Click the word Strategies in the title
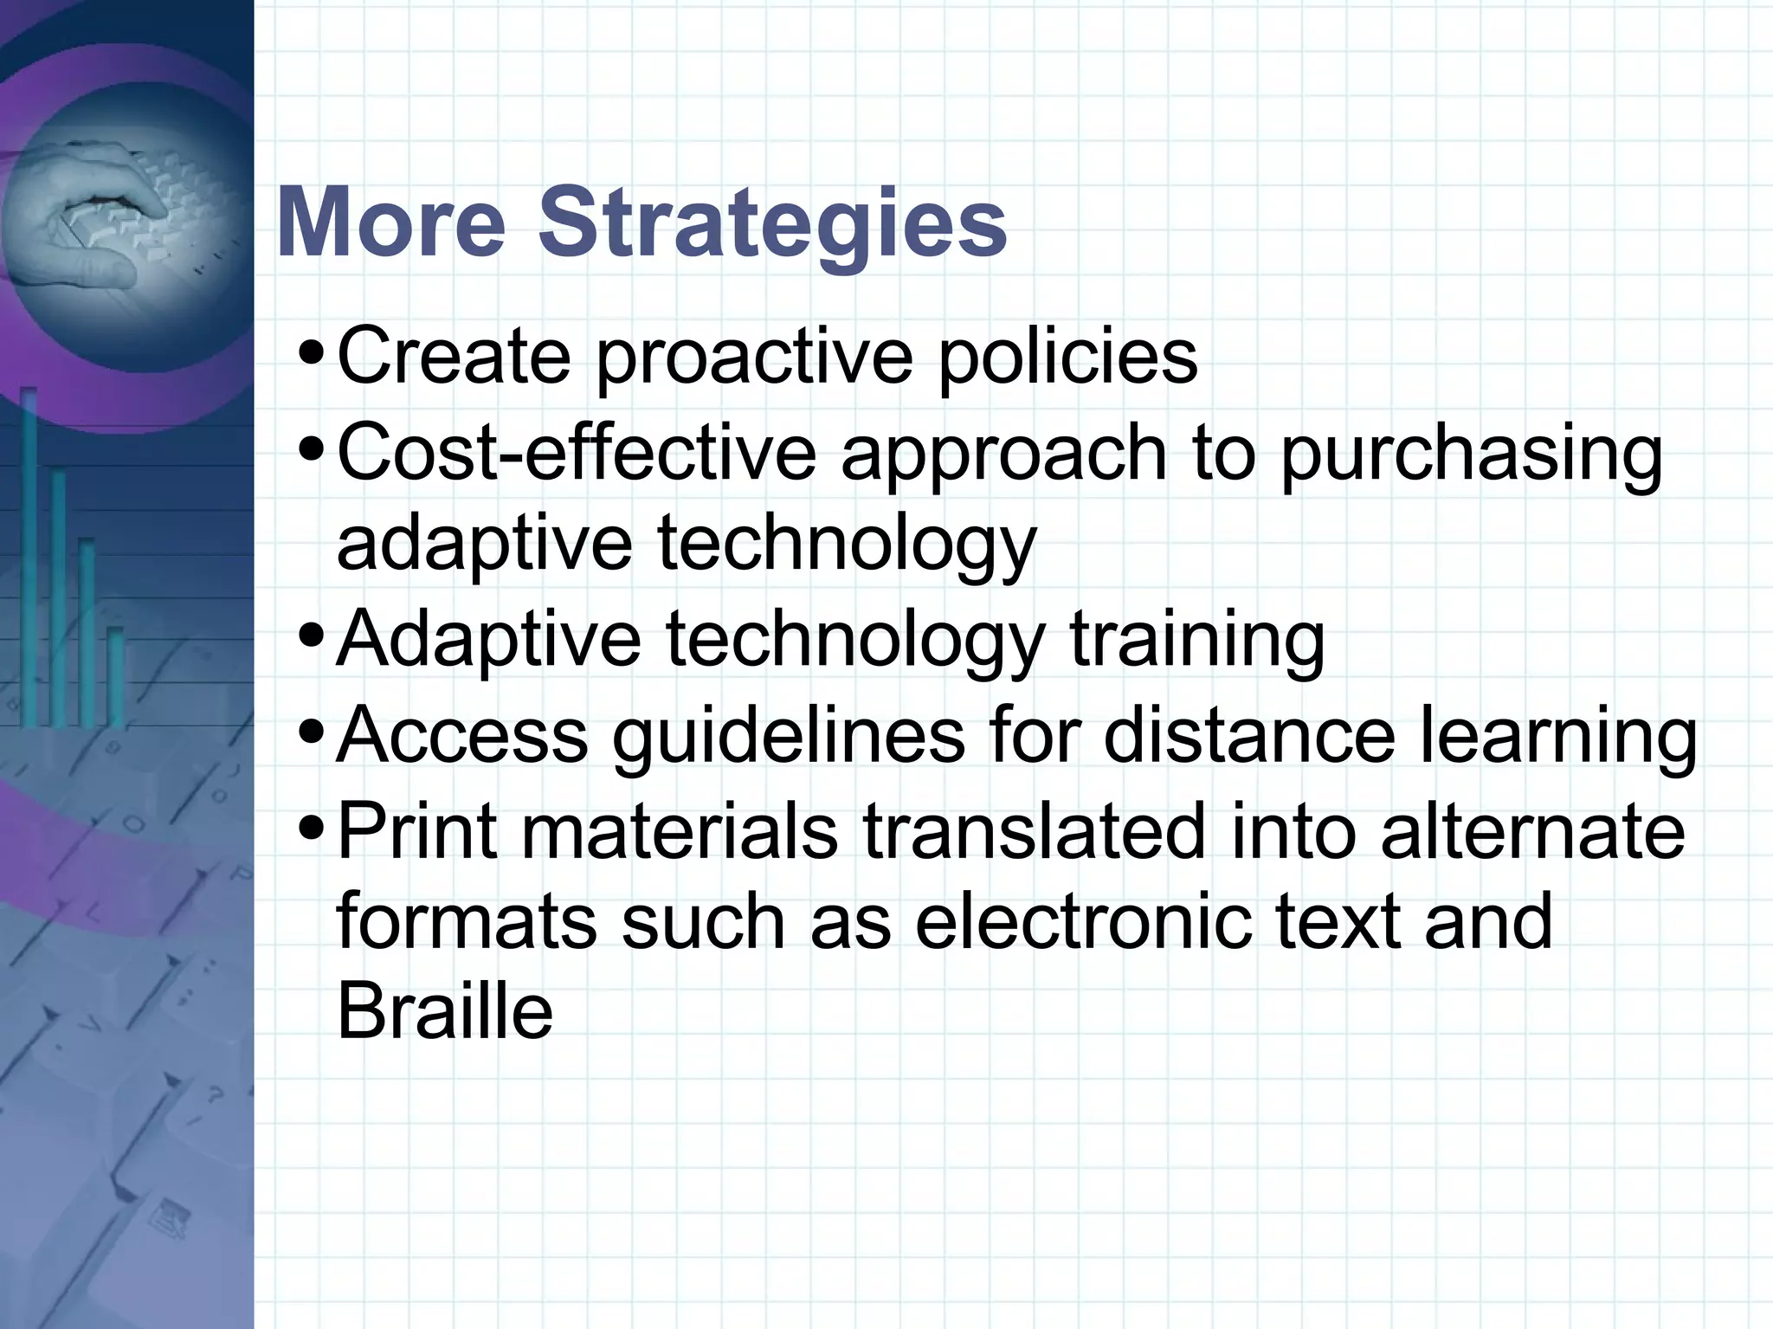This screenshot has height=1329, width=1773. tap(772, 223)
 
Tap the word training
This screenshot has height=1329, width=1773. tap(1197, 642)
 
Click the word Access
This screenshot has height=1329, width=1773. tap(462, 735)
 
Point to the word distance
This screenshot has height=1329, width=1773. tap(1249, 735)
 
